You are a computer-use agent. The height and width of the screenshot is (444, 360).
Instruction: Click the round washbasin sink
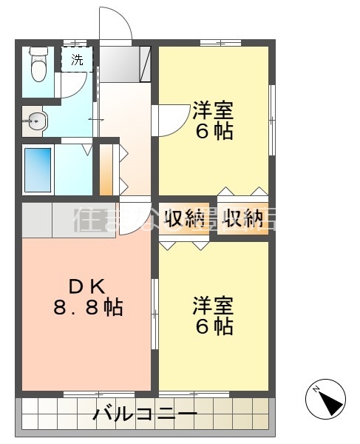34,118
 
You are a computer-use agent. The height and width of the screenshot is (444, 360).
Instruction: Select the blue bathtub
38,169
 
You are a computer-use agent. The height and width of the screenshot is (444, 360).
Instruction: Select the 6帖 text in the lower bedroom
214,326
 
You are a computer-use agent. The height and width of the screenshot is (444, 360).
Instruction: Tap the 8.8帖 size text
87,306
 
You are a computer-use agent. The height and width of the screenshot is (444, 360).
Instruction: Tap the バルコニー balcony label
145,414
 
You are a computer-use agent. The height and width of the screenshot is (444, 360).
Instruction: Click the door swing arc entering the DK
135,219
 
